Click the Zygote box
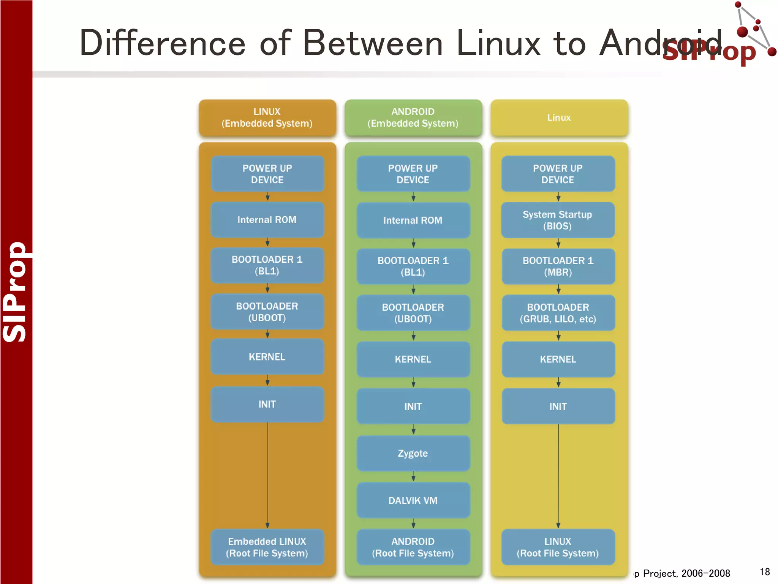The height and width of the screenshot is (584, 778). coord(413,453)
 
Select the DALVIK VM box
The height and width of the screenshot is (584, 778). coord(413,500)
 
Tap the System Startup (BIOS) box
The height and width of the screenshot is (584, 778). coord(558,220)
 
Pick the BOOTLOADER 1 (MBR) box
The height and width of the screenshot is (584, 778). coord(558,266)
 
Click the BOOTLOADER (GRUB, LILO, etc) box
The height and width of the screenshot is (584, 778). coord(558,313)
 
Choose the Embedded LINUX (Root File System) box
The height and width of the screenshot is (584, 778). coord(267,547)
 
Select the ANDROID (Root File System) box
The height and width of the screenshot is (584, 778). coord(413,547)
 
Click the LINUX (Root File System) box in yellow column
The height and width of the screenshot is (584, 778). coord(558,547)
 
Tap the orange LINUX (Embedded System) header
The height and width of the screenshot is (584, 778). coord(267,117)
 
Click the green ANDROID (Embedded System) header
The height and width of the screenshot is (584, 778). coord(413,117)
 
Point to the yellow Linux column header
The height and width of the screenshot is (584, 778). coord(559,117)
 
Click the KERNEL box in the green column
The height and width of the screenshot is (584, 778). coord(413,359)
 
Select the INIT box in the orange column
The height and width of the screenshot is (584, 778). coord(267,404)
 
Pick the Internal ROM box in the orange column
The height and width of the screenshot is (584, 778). coord(267,220)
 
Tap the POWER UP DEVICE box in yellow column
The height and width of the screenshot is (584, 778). coord(558,174)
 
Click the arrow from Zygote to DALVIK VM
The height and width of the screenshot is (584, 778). coord(413,477)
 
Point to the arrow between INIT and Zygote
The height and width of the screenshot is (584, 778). coord(413,430)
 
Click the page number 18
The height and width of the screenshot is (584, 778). coord(765,572)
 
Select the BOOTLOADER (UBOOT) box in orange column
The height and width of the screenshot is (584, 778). coord(267,312)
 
